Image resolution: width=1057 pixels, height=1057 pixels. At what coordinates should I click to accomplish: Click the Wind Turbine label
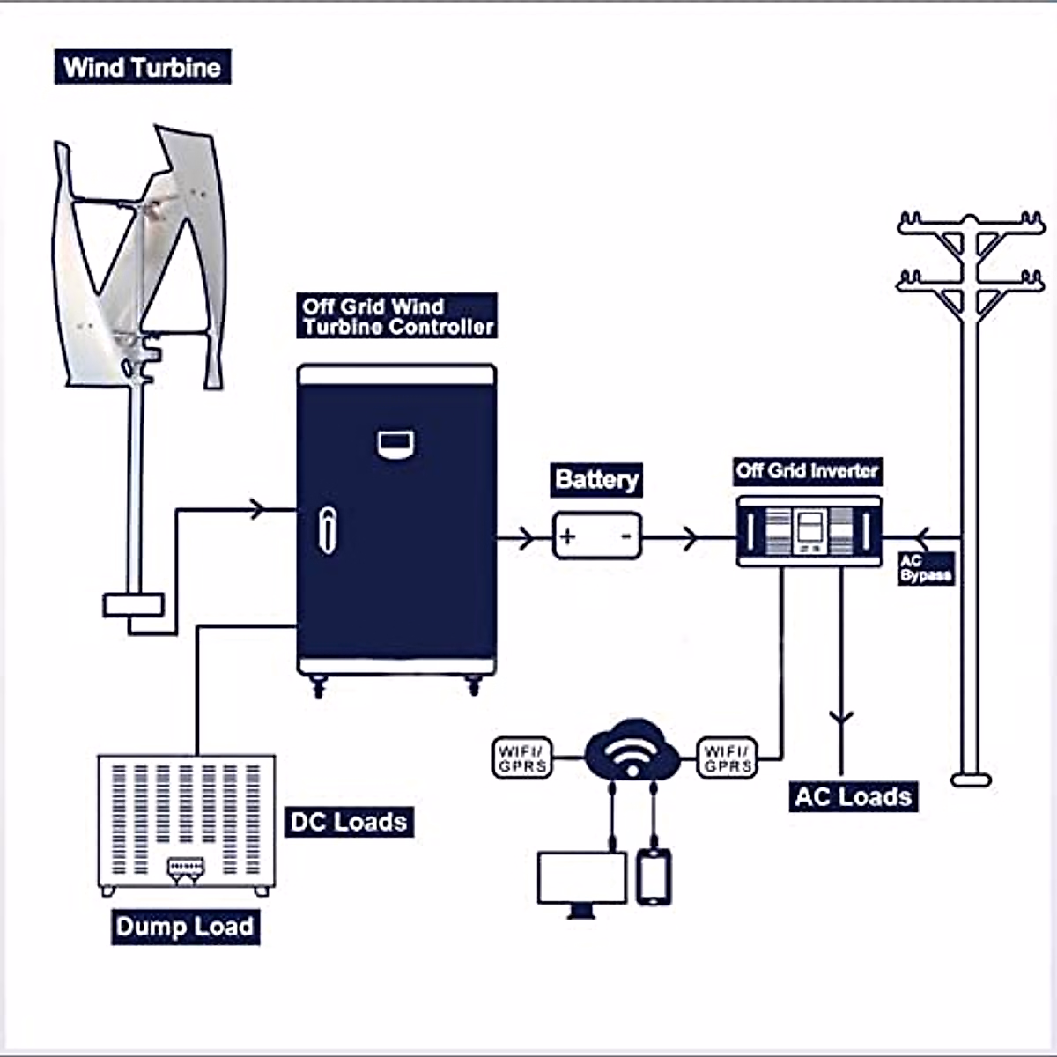(x=143, y=68)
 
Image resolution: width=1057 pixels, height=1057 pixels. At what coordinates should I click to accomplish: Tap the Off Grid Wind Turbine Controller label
(x=398, y=316)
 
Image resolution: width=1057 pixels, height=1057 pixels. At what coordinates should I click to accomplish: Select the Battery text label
(x=596, y=480)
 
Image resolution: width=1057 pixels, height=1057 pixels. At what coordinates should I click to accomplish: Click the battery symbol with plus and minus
(x=597, y=536)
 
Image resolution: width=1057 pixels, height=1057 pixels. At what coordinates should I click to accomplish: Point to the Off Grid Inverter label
(x=807, y=471)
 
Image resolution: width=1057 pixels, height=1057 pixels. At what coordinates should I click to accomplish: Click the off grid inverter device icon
(x=809, y=530)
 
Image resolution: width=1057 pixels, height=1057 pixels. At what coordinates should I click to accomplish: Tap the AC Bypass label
(x=925, y=568)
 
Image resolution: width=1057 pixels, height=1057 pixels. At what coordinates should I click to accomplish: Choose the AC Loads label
(x=853, y=797)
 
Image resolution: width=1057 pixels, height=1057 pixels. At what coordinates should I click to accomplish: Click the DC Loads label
(x=350, y=822)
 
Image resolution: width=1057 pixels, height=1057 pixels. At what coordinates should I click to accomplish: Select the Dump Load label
(x=185, y=927)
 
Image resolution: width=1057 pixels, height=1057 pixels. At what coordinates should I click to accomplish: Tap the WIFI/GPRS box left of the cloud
(x=522, y=758)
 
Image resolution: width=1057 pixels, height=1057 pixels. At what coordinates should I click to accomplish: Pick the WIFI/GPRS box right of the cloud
(x=728, y=758)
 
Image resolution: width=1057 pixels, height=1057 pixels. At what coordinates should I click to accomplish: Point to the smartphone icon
(x=654, y=876)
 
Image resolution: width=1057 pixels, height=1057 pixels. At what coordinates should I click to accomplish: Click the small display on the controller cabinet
(x=396, y=443)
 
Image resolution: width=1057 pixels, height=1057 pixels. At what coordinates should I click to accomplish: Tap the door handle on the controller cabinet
(x=327, y=530)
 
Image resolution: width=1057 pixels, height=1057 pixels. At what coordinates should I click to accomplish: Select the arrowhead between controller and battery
(x=526, y=536)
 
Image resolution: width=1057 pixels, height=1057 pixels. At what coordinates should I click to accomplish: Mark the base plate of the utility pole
(x=971, y=780)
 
